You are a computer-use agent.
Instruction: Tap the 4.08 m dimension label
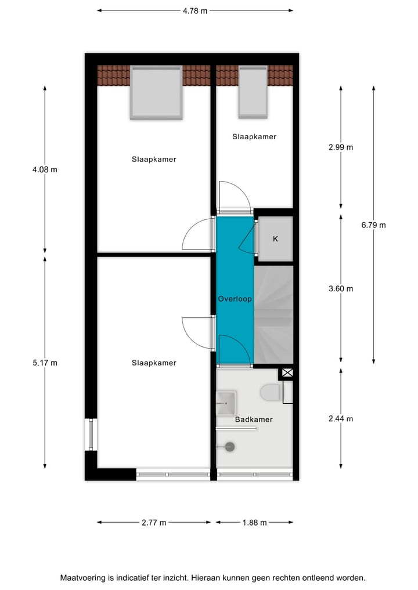click(x=45, y=170)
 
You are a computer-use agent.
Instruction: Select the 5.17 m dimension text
click(x=45, y=363)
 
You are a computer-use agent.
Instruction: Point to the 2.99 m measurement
click(x=341, y=147)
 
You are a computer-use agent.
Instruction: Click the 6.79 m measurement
click(x=373, y=225)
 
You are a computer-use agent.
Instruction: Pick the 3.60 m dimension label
click(x=341, y=288)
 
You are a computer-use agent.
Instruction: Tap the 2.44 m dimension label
click(x=341, y=419)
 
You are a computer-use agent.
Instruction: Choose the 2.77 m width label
click(x=154, y=523)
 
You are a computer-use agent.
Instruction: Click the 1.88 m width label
click(x=254, y=523)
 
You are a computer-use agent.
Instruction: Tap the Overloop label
click(x=235, y=299)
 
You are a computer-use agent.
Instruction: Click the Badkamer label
click(x=254, y=419)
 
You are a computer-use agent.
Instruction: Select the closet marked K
click(x=275, y=238)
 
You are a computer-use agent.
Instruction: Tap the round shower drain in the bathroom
click(x=230, y=447)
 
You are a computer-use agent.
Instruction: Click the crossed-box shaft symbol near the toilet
click(x=287, y=374)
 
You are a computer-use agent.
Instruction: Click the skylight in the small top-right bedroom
click(x=253, y=91)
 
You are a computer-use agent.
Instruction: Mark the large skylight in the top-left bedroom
click(x=156, y=93)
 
